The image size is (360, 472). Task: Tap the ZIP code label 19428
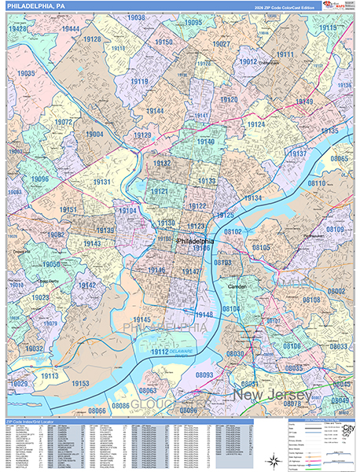17,28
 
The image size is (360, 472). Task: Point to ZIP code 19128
91,39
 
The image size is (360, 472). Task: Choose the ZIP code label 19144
154,111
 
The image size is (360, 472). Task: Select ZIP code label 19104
127,211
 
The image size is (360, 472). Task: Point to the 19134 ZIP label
252,197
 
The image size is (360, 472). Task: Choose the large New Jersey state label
271,394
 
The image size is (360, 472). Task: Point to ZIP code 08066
96,410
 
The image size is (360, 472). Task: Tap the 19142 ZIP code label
86,286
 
